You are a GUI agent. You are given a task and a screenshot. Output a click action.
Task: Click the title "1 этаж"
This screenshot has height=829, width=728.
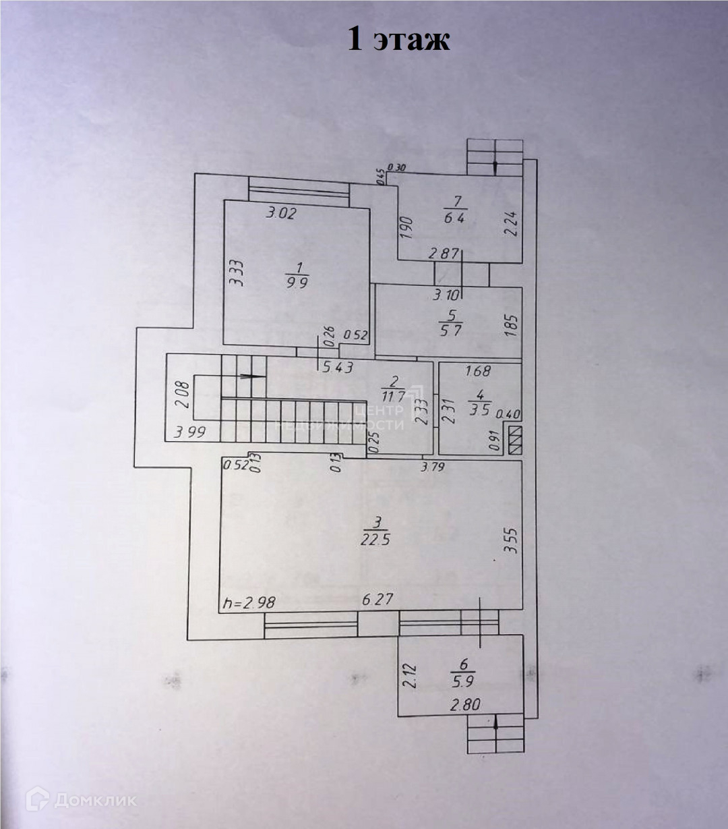(x=398, y=39)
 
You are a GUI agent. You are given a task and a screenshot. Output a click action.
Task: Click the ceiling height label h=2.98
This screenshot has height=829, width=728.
(x=249, y=602)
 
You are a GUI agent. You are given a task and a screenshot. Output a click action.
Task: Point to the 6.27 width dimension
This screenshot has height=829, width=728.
(x=377, y=600)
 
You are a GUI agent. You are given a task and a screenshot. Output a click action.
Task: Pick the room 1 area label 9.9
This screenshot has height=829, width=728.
(x=297, y=283)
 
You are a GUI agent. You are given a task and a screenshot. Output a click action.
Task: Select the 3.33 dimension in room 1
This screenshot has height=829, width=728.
(x=234, y=273)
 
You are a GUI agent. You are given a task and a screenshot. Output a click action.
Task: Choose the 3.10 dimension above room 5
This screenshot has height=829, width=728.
(x=448, y=295)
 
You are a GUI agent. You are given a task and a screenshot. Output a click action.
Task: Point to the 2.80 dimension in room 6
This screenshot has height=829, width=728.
(x=465, y=706)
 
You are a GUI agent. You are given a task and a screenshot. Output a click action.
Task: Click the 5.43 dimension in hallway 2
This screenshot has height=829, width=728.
(x=337, y=367)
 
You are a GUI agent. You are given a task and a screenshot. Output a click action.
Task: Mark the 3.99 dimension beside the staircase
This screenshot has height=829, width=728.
(x=190, y=432)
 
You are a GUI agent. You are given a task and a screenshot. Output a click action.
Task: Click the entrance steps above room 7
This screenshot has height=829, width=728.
(x=495, y=157)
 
